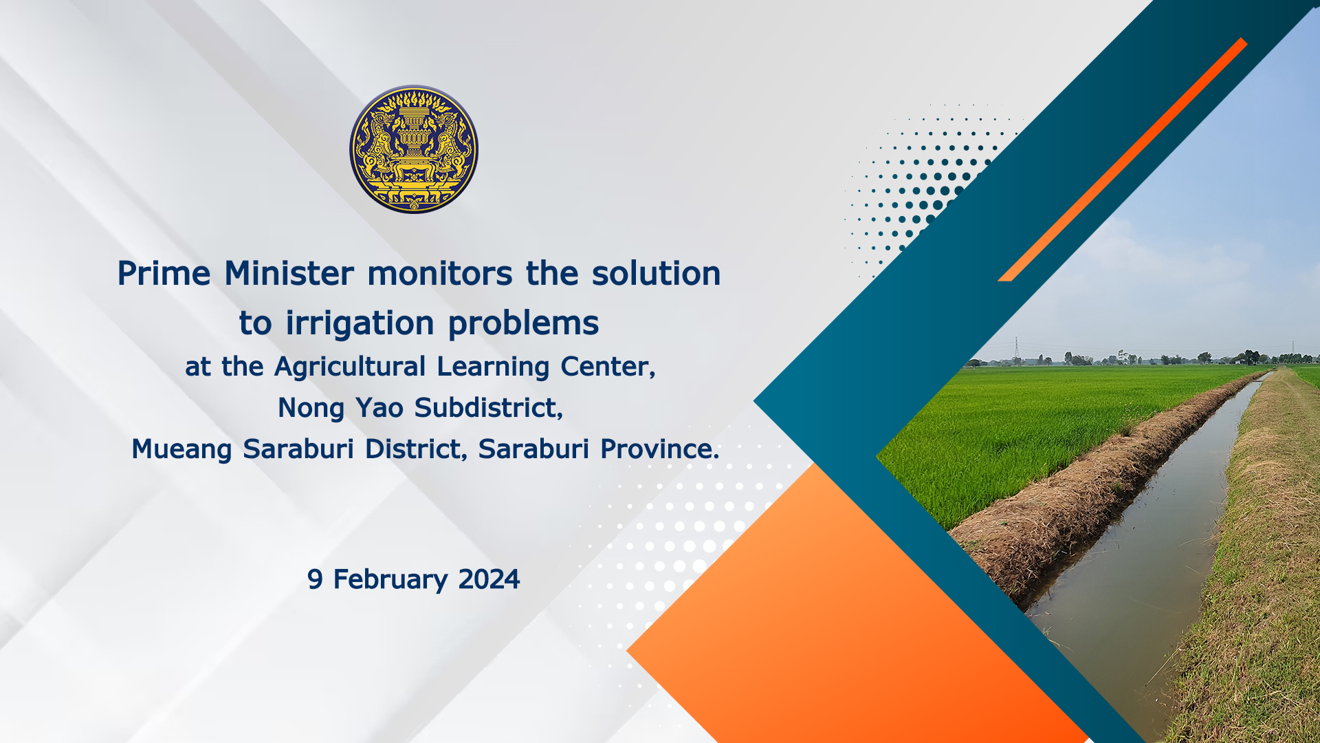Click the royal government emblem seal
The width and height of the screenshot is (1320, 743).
[x=414, y=149]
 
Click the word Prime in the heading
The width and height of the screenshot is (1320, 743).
[x=164, y=274]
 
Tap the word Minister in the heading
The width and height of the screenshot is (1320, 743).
[x=289, y=274]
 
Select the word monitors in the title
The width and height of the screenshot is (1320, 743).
[x=440, y=274]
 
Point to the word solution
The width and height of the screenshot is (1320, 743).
[x=656, y=274]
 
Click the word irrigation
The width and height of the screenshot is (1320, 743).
[x=360, y=323]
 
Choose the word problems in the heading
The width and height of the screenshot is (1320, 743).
[x=523, y=323]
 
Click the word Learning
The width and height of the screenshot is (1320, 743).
[x=493, y=367]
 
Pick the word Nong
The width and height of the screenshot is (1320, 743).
[x=311, y=408]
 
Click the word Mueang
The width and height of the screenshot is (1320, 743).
[x=181, y=449]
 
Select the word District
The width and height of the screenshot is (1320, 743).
[x=414, y=449]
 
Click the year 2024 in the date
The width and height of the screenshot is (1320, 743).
[x=489, y=579]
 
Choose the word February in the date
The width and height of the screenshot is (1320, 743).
[x=390, y=580]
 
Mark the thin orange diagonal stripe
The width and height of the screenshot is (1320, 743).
[x=1122, y=160]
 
